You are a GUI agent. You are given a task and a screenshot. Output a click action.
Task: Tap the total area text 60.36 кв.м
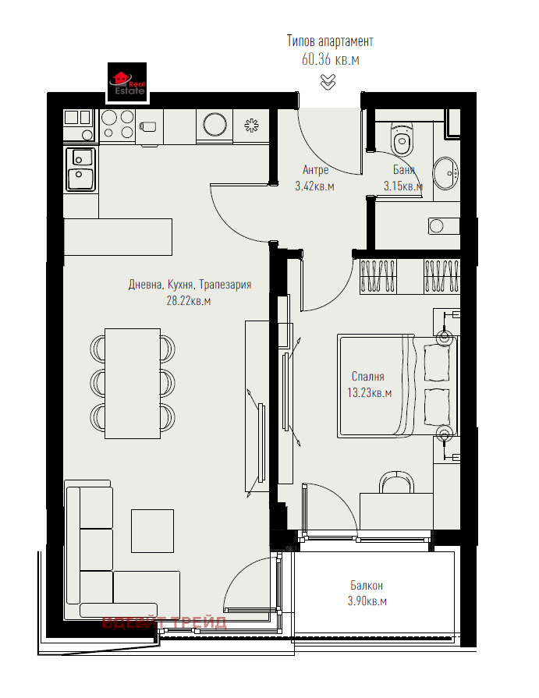click(330, 59)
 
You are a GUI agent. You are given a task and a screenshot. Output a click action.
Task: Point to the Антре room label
click(315, 170)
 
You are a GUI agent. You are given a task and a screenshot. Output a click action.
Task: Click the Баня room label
click(403, 170)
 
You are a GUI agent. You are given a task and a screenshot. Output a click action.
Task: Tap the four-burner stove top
click(117, 124)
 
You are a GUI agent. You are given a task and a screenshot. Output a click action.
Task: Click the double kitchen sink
click(80, 168)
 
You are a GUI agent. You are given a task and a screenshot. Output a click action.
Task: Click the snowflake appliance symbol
click(251, 125)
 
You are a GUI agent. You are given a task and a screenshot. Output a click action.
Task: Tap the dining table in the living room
click(133, 381)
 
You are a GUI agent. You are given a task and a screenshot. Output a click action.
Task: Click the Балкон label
click(366, 585)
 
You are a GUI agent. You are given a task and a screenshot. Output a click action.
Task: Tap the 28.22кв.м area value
click(189, 300)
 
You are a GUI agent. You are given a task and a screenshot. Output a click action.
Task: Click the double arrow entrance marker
click(328, 80)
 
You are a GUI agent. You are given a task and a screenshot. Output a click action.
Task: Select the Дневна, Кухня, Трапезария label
click(190, 285)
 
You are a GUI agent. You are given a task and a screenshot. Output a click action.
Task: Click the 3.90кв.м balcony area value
click(366, 601)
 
